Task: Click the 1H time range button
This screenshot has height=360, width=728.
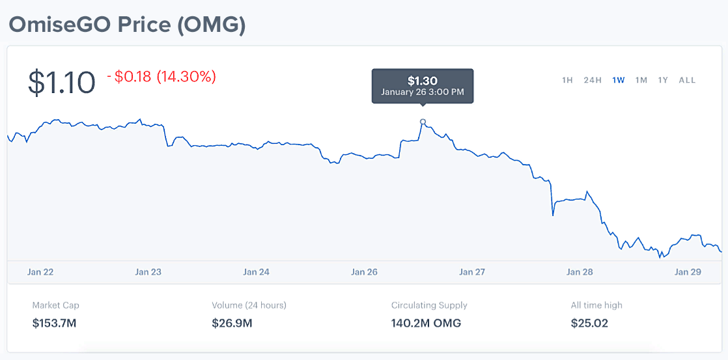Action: point(567,80)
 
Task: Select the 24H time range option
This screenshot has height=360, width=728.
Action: point(593,80)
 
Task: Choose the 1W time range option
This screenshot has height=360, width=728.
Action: point(619,80)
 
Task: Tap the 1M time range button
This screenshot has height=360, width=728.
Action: point(641,80)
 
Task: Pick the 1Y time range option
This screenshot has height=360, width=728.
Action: point(663,80)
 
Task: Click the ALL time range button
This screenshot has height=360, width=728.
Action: point(687,80)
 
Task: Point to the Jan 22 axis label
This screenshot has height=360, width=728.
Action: point(40,272)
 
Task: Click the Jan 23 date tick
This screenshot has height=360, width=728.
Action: point(148,272)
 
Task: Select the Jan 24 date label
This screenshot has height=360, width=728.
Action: point(257,272)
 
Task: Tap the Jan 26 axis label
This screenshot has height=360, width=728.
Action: point(364,272)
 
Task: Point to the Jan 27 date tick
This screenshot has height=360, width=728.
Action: point(472,272)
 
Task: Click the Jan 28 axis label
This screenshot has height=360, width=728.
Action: point(580,272)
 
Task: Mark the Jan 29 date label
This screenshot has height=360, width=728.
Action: point(688,272)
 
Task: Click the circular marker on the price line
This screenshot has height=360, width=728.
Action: point(423,122)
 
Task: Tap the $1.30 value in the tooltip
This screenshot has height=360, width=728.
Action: point(423,81)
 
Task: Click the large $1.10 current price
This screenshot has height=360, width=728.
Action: point(62,83)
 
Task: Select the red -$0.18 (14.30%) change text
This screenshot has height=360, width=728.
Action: point(161,77)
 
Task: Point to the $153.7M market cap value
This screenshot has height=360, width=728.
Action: point(54,323)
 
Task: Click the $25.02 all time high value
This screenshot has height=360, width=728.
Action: point(589,323)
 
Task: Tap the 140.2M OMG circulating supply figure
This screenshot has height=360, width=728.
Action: point(426,323)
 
